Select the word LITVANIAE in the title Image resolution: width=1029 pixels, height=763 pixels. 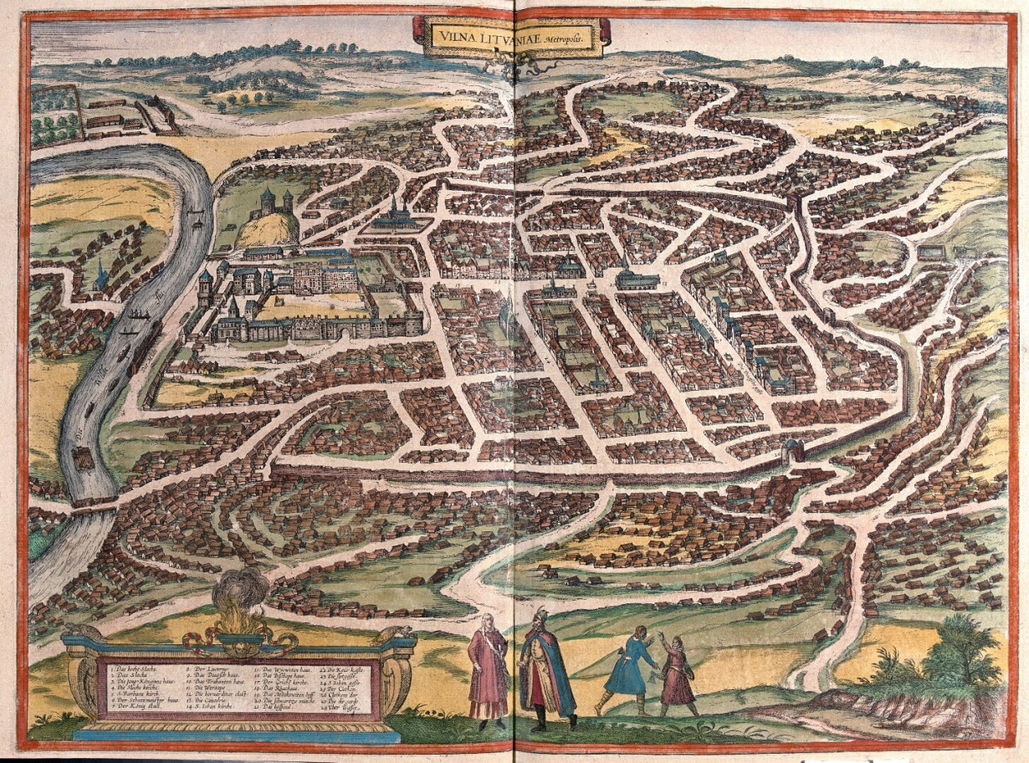tap(511, 36)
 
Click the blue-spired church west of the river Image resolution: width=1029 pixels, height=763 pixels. tap(101, 274)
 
